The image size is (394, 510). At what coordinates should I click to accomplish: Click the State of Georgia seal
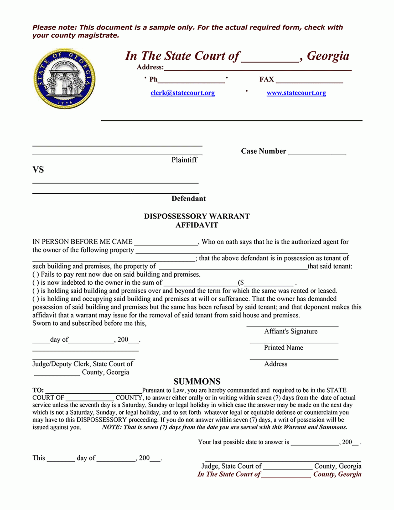click(x=64, y=79)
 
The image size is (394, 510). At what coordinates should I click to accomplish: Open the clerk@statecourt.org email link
click(x=183, y=93)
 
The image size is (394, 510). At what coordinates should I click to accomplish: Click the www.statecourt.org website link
click(x=296, y=93)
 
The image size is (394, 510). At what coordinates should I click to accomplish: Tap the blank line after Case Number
click(x=317, y=152)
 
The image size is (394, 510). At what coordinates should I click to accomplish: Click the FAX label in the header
click(x=266, y=79)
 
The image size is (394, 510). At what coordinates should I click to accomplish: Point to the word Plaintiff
click(x=184, y=160)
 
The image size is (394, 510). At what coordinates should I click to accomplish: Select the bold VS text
click(x=38, y=170)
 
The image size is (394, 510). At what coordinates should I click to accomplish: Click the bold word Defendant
click(x=188, y=199)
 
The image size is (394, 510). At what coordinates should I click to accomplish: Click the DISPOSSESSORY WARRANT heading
click(x=197, y=216)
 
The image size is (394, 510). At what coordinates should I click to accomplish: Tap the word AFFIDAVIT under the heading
click(x=197, y=225)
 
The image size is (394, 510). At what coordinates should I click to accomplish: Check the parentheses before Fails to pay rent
click(x=36, y=275)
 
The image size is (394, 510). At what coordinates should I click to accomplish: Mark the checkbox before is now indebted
click(x=36, y=283)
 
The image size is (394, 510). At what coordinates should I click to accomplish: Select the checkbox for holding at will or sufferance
click(x=36, y=299)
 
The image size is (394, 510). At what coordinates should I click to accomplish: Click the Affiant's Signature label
click(x=291, y=332)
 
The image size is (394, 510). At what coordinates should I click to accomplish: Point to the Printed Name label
click(x=283, y=348)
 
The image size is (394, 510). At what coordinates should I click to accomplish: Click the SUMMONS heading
click(x=197, y=382)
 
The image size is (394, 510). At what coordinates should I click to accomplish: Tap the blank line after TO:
click(x=94, y=390)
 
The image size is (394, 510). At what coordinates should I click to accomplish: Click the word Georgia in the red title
click(x=328, y=56)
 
